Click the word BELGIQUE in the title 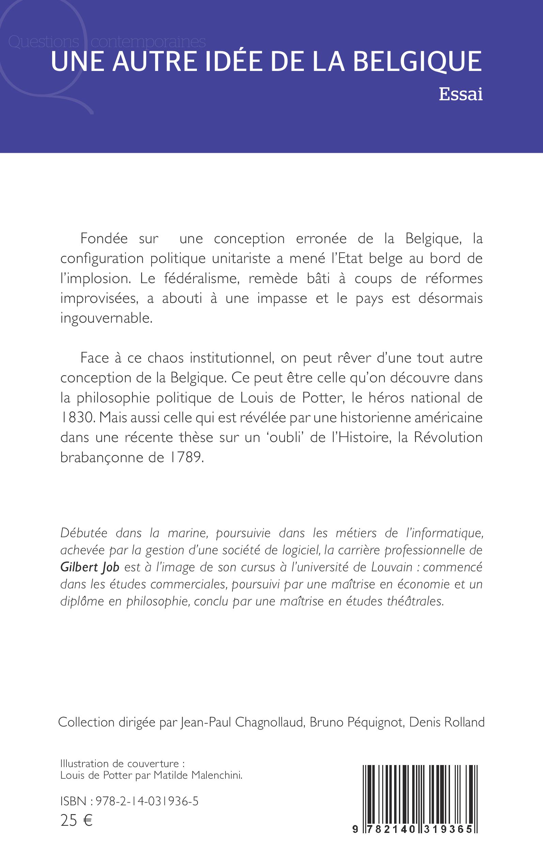(417, 62)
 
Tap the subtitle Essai (461, 94)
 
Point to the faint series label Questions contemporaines (107, 42)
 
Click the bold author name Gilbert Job (90, 568)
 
